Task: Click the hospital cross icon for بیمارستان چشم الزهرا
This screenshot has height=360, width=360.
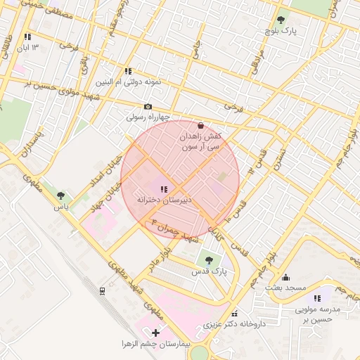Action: point(155,331)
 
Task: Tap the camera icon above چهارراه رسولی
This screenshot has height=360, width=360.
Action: point(148,107)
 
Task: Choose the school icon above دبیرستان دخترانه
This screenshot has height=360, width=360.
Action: point(164,189)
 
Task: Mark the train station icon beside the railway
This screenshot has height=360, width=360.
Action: point(103,290)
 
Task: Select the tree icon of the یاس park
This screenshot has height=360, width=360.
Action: point(61,196)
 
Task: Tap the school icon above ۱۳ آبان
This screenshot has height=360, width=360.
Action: point(27,37)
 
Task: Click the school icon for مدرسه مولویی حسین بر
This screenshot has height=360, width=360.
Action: point(317,298)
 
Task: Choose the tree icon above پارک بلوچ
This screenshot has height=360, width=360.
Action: point(281,20)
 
